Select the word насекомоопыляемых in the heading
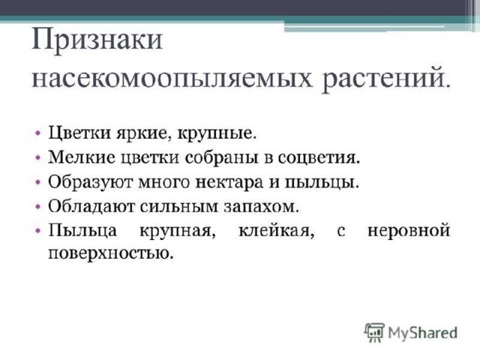tap(172, 79)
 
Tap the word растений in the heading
tap(386, 79)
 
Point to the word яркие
tap(143, 133)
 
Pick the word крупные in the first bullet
tap(216, 133)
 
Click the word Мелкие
tap(82, 157)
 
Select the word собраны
tap(221, 157)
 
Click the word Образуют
tap(90, 182)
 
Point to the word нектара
tap(229, 183)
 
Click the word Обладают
tap(91, 206)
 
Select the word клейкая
tap(277, 231)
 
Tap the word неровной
tap(409, 231)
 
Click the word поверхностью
tap(111, 253)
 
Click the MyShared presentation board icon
tap(374, 332)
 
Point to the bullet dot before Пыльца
tap(37, 230)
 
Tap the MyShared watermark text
tap(422, 333)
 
